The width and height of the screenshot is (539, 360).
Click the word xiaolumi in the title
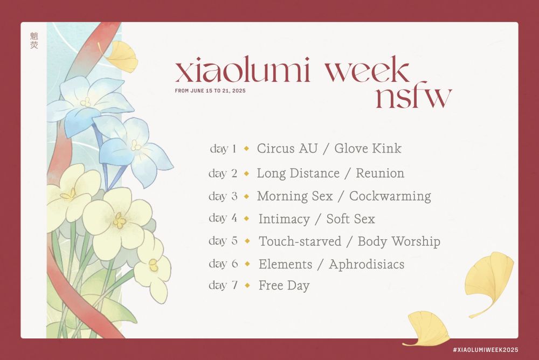[x=243, y=70]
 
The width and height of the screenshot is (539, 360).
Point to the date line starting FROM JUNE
[x=210, y=91]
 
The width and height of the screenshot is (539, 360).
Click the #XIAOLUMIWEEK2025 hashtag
[x=486, y=350]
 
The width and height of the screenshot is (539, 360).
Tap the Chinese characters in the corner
[x=34, y=40]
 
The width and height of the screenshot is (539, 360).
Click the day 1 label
[x=224, y=149]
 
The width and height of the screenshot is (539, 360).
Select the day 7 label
[x=223, y=285]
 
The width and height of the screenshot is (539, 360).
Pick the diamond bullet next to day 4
[x=246, y=218]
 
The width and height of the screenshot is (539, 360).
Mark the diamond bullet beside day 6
[x=247, y=264]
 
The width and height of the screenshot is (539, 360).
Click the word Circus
[x=276, y=148]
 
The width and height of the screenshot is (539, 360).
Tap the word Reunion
[x=380, y=173]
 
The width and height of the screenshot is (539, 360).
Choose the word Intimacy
[x=284, y=219]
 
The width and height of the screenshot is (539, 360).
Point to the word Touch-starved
[x=300, y=241]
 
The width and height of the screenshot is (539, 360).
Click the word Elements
[x=285, y=264]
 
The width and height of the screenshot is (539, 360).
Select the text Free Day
[x=284, y=286]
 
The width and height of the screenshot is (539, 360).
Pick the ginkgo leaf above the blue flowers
[x=120, y=57]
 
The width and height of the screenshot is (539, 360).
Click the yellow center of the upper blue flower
[x=86, y=102]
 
